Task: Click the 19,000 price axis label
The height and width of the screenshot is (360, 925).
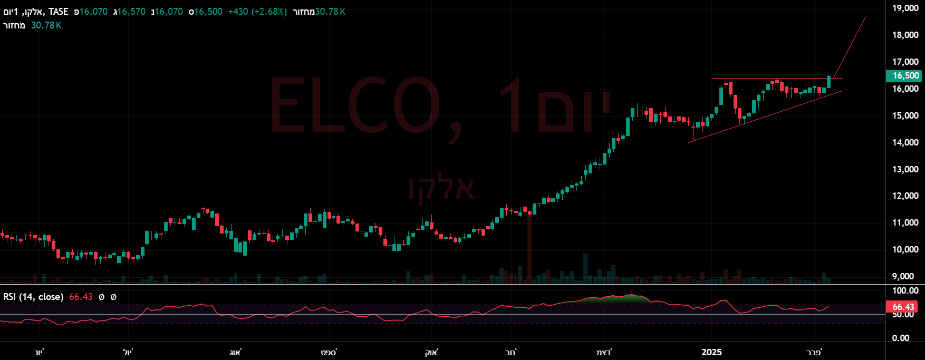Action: pyautogui.click(x=905, y=8)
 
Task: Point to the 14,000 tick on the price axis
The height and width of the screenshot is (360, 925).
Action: pyautogui.click(x=905, y=142)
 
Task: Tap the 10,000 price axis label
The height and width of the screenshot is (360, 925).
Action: pyautogui.click(x=905, y=249)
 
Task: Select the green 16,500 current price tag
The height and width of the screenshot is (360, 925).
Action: pyautogui.click(x=905, y=75)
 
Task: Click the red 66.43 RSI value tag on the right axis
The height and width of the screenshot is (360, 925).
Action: pyautogui.click(x=903, y=307)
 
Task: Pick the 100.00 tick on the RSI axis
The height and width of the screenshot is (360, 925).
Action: pyautogui.click(x=905, y=291)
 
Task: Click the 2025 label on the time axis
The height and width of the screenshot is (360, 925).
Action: pyautogui.click(x=711, y=352)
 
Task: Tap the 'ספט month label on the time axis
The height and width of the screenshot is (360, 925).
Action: pyautogui.click(x=329, y=352)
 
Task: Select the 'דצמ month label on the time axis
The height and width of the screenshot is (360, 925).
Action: pyautogui.click(x=604, y=352)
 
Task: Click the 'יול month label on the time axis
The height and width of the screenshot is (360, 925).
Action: pyautogui.click(x=128, y=352)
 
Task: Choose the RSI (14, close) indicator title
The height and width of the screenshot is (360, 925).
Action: pyautogui.click(x=33, y=297)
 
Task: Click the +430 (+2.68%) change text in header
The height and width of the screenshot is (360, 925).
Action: pyautogui.click(x=257, y=12)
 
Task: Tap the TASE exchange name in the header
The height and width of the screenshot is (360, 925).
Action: pyautogui.click(x=59, y=12)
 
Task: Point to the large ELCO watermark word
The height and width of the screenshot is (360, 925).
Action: pyautogui.click(x=364, y=105)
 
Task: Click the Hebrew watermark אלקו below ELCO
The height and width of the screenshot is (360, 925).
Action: pyautogui.click(x=442, y=188)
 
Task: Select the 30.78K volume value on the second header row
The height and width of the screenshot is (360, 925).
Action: pyautogui.click(x=46, y=25)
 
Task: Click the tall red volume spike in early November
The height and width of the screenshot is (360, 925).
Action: pyautogui.click(x=529, y=248)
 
